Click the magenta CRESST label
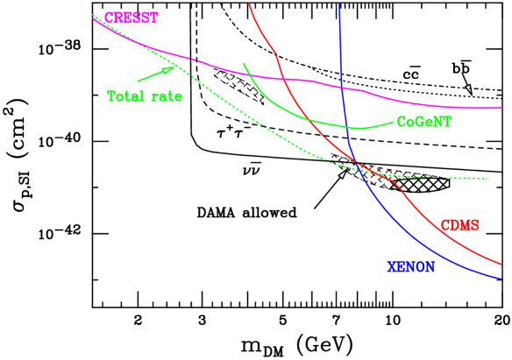132,18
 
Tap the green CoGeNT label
423,123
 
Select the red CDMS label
459,225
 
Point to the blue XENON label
410,267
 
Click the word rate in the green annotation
166,96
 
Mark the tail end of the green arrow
137,81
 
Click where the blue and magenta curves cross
343,88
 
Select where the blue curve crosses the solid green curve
350,128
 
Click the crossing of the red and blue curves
359,166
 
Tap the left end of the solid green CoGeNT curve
243,64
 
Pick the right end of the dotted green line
487,179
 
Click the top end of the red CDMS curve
249,3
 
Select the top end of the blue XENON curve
338,3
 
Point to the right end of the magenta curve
502,109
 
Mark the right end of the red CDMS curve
502,263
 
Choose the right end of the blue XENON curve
502,279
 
